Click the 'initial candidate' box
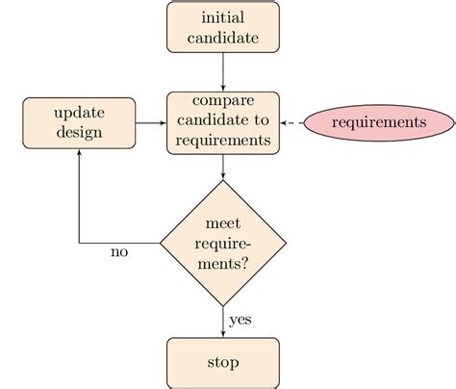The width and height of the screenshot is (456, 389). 223,28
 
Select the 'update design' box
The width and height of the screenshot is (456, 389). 79,122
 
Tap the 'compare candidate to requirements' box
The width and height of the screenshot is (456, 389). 223,122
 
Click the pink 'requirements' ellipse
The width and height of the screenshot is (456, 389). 377,122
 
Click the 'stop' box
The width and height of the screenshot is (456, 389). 223,362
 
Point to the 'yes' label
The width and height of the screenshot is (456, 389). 241,320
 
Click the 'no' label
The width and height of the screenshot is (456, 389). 119,253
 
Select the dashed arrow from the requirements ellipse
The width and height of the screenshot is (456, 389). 292,122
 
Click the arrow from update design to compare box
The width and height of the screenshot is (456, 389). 151,122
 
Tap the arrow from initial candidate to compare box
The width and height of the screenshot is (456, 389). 223,71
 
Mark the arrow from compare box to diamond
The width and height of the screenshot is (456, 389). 223,166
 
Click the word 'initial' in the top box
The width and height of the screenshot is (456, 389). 223,18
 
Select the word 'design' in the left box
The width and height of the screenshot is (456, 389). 79,132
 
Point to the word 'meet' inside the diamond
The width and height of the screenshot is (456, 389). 223,223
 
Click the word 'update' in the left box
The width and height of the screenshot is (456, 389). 79,113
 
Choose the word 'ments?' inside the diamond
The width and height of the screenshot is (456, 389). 223,263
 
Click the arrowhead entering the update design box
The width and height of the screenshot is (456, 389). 79,154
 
